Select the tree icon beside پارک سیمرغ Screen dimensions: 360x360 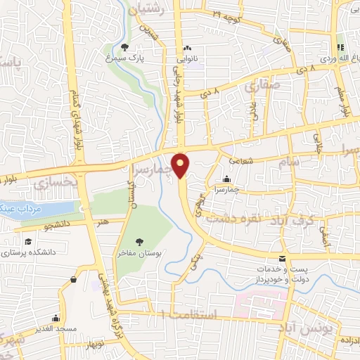(124, 48)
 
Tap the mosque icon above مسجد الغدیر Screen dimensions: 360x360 (74, 280)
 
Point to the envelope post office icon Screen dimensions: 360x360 (282, 259)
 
